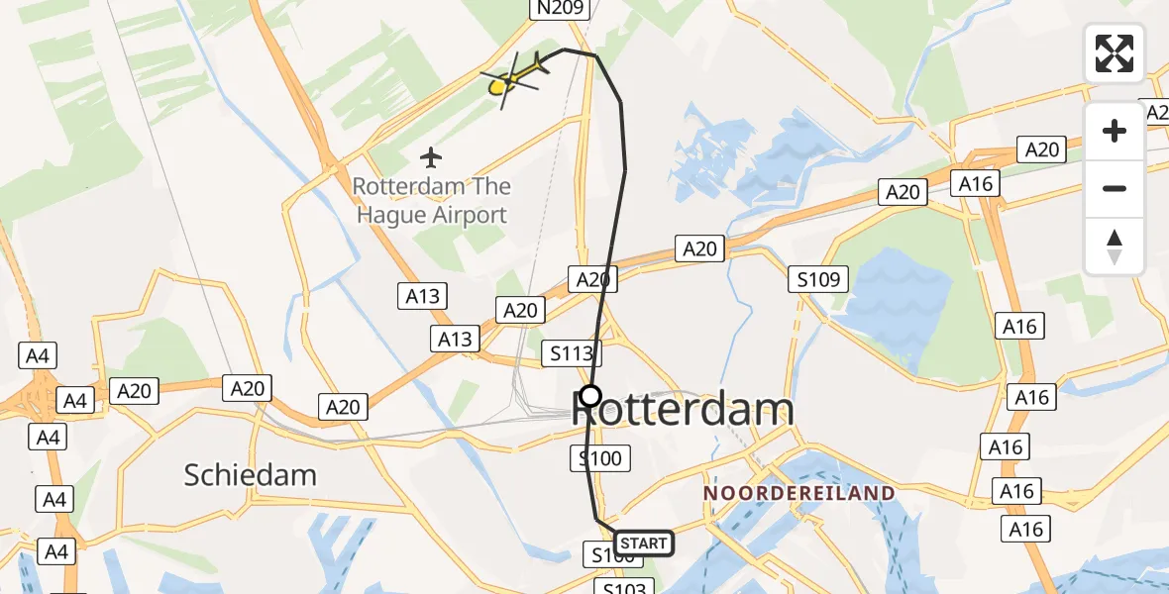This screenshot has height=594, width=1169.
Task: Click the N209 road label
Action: click(561, 9)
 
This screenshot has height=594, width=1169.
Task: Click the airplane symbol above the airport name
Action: click(430, 156)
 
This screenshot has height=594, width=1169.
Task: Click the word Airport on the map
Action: click(472, 214)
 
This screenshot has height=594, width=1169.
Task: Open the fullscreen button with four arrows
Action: click(1115, 53)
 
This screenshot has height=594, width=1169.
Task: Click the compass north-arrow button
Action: click(1115, 247)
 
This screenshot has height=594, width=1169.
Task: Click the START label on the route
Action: click(644, 543)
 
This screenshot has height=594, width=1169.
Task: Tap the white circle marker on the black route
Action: click(590, 396)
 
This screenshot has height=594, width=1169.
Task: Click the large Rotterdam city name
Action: click(684, 410)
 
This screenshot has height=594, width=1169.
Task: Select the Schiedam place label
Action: click(251, 475)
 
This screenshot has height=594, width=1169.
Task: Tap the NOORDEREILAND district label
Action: click(798, 493)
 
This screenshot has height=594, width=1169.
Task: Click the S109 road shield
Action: click(819, 279)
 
